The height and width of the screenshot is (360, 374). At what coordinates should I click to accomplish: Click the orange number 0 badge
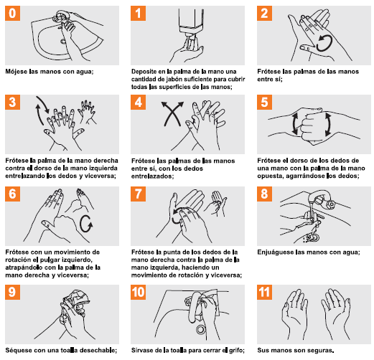point(12,13)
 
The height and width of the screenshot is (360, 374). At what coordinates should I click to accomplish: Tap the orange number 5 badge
point(264,102)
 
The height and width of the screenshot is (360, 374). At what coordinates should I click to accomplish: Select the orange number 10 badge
point(138,292)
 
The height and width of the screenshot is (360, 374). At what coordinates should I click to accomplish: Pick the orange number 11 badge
point(264,292)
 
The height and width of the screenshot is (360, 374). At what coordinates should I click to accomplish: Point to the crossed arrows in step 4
point(172,113)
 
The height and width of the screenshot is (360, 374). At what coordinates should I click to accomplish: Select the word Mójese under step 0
point(17,72)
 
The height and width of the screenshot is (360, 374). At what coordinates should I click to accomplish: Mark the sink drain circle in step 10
point(201,329)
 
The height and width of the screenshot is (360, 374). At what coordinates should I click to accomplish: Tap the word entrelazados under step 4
point(152,176)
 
